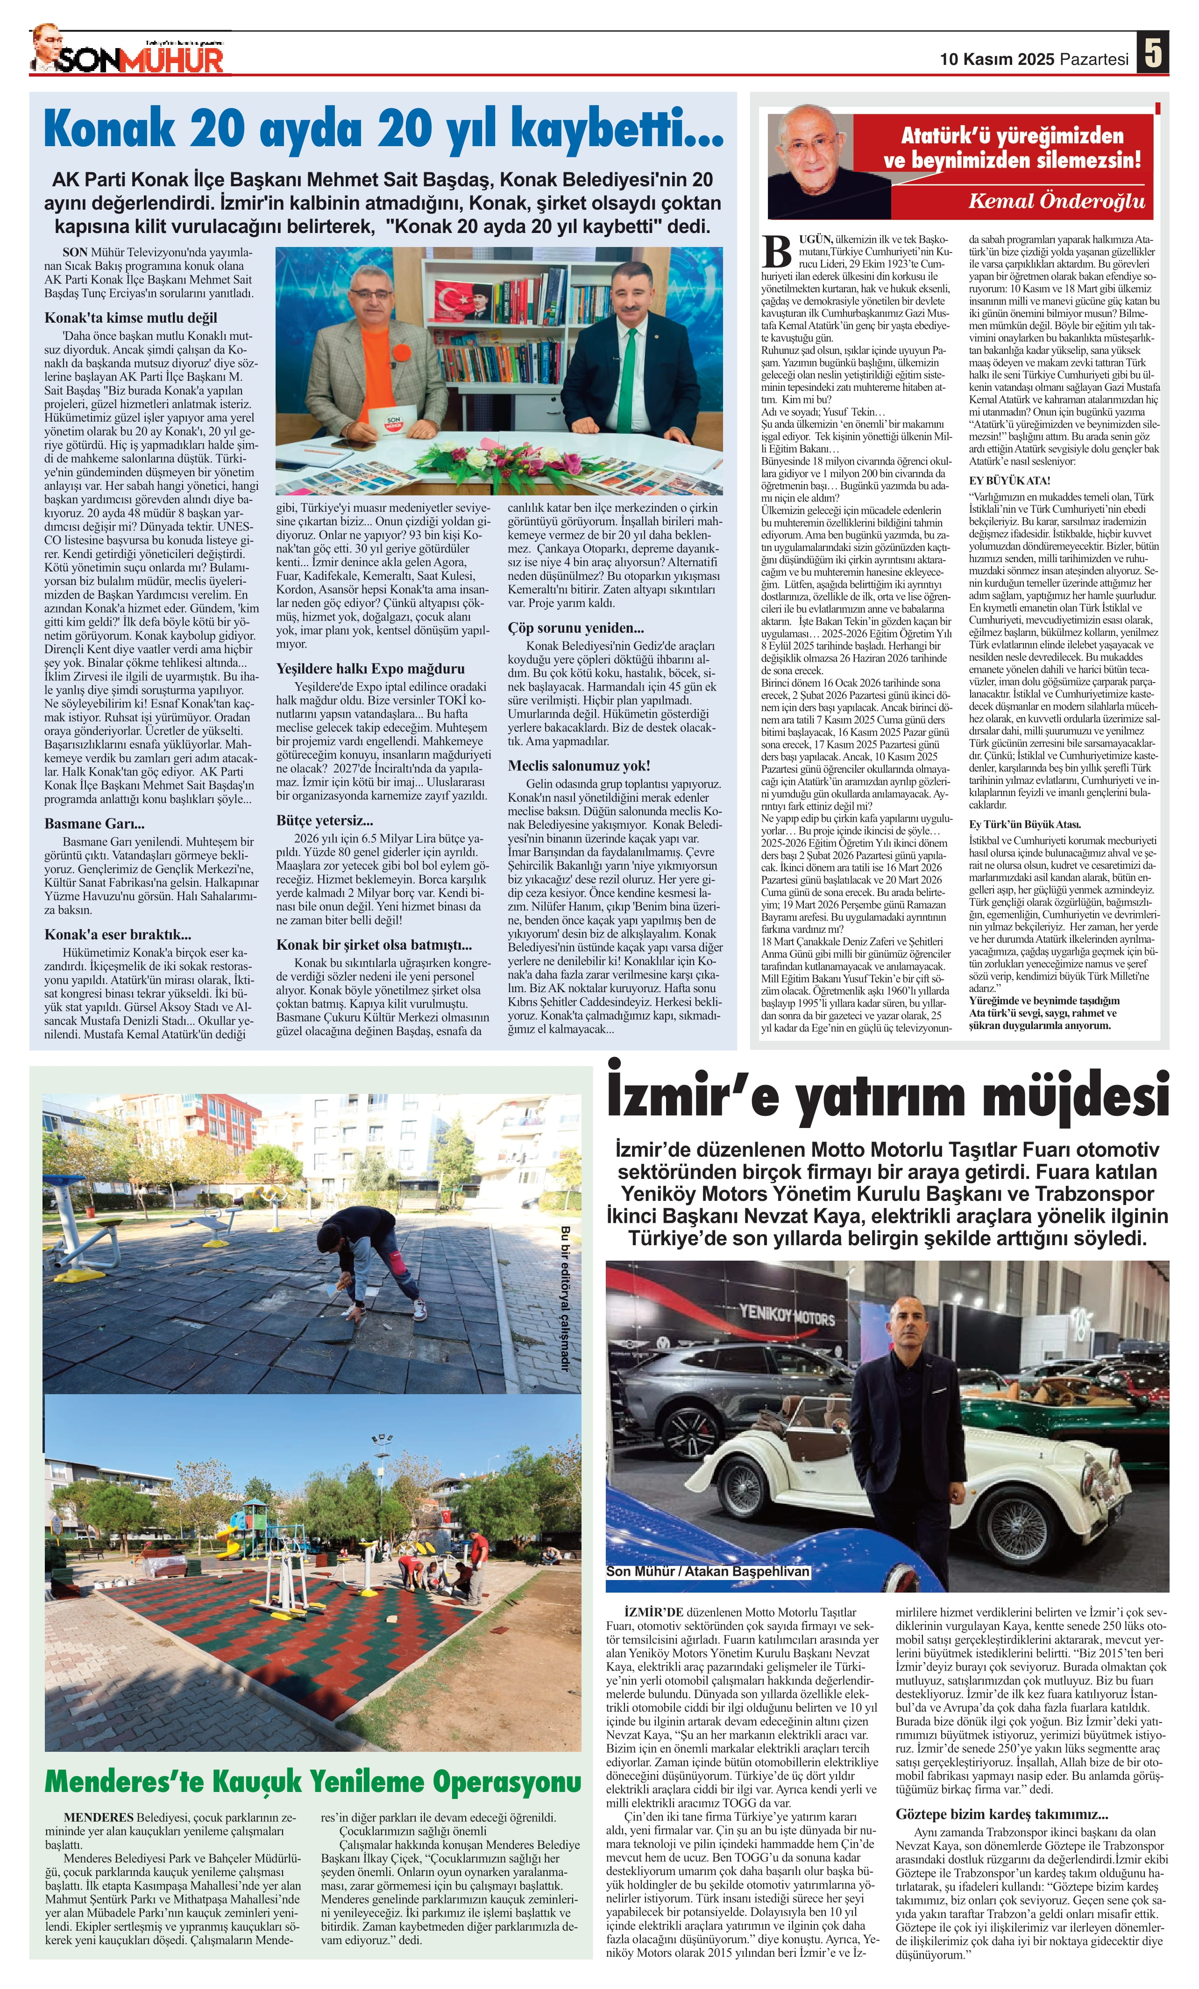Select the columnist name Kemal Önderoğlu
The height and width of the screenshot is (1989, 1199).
pyautogui.click(x=1056, y=200)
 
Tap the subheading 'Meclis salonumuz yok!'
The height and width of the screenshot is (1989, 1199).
pyautogui.click(x=578, y=765)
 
